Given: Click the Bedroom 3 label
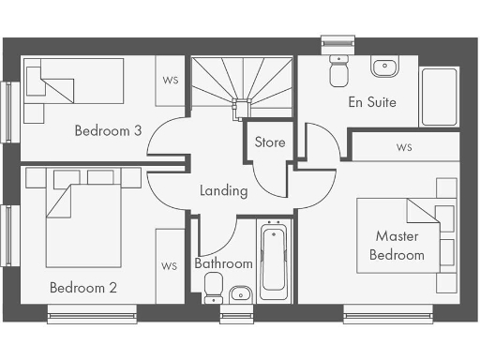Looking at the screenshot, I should (108, 131).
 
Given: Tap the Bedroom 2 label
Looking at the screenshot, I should (83, 287).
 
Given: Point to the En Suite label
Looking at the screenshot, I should (372, 101).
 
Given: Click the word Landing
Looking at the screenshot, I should (224, 191).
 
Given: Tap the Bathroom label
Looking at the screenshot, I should (223, 263).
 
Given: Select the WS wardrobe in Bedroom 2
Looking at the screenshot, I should (170, 266).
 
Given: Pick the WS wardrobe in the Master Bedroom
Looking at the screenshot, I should (404, 147).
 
